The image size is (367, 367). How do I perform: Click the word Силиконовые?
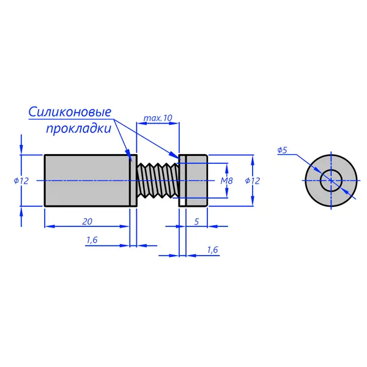point(70,113)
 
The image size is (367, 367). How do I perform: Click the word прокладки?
point(79,128)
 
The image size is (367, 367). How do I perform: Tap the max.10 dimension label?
point(158,118)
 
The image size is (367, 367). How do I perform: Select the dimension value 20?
point(87,221)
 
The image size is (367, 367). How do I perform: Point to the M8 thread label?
point(226,180)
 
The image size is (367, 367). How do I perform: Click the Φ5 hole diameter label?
point(282,150)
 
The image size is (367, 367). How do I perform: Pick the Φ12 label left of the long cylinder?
point(21,180)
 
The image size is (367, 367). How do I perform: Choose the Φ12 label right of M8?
point(252,180)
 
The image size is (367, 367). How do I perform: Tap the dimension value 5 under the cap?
point(196,221)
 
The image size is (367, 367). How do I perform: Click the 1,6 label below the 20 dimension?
point(92,240)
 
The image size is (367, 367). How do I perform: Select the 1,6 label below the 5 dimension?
point(212,250)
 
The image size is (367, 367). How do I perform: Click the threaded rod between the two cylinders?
point(158,180)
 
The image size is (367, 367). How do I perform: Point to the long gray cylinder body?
point(87,180)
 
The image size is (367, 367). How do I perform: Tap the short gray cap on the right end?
point(196,180)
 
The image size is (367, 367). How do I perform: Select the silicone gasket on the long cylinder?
point(133,180)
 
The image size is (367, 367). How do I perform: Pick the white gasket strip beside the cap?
point(182,180)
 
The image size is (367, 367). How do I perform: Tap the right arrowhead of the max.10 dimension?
point(174,124)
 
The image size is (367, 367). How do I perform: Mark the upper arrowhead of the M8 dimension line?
point(226,168)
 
